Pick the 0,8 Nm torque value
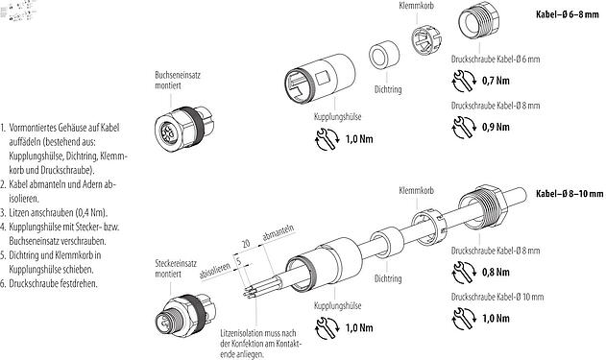(x=495, y=271)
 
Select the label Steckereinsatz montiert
(x=178, y=266)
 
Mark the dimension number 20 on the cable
(x=247, y=246)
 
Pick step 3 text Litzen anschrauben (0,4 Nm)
(x=58, y=210)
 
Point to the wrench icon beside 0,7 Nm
(x=462, y=79)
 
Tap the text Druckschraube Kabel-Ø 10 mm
(x=493, y=297)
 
